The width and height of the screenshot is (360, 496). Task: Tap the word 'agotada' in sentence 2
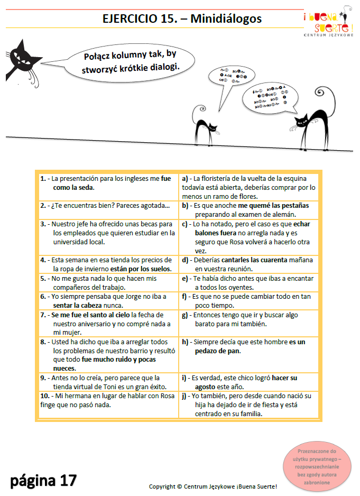156,205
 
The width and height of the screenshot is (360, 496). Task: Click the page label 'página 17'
44,480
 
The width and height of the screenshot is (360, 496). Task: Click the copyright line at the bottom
213,486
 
